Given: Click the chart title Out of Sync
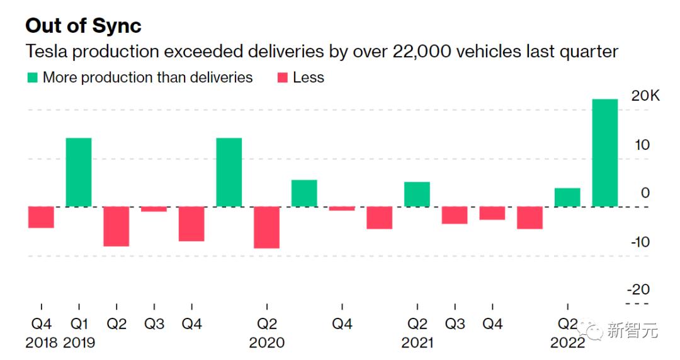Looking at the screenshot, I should pyautogui.click(x=83, y=25).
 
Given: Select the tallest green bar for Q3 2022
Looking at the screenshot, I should pyautogui.click(x=605, y=153).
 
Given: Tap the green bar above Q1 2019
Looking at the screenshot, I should pyautogui.click(x=79, y=172).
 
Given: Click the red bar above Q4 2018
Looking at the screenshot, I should pyautogui.click(x=41, y=217).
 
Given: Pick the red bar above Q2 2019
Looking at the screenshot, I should pyautogui.click(x=116, y=226).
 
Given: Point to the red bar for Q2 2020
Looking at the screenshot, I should pyautogui.click(x=267, y=227).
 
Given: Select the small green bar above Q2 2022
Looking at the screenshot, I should pyautogui.click(x=567, y=197).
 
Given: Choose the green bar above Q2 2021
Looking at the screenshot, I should pyautogui.click(x=417, y=194).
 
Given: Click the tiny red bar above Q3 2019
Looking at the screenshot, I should pyautogui.click(x=154, y=209).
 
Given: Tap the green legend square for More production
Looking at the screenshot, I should pyautogui.click(x=32, y=78).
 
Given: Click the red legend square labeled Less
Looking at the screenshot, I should pyautogui.click(x=282, y=78).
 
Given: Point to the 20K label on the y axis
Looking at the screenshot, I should pyautogui.click(x=645, y=97).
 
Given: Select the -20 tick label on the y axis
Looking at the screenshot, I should pyautogui.click(x=640, y=290).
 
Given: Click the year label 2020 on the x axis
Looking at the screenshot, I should pyautogui.click(x=266, y=343).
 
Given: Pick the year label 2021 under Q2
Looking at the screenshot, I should pyautogui.click(x=417, y=343).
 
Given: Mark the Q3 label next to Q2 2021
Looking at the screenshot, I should pyautogui.click(x=455, y=324).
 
